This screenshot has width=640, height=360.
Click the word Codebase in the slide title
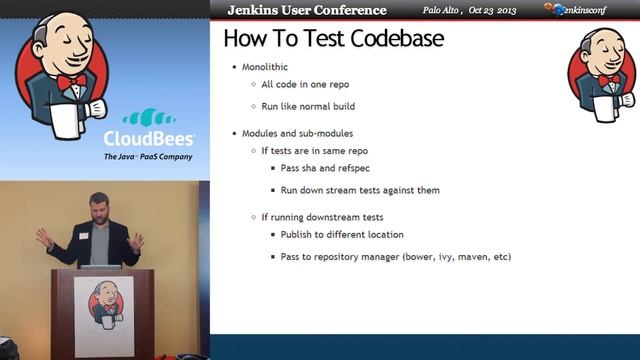pos(391,40)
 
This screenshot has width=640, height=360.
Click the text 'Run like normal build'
pos(308,105)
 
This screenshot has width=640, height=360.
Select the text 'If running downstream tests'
pos(323,217)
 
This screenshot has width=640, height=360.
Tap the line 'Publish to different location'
pos(342,235)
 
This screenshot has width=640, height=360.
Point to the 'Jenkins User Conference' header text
pos(306,10)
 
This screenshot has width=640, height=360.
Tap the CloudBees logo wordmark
pos(149,139)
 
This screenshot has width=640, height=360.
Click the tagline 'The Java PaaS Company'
pos(148,157)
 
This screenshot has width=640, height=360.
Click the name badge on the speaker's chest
pos(83,236)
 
